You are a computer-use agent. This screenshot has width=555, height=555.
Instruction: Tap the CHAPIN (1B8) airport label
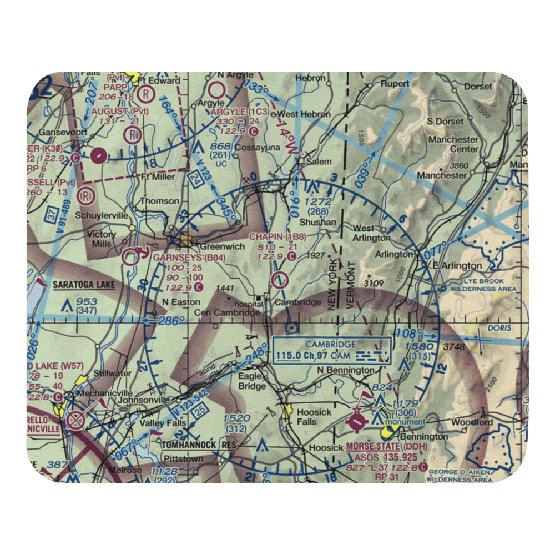(277, 237)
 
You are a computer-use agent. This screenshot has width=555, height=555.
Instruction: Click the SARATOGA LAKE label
(84, 285)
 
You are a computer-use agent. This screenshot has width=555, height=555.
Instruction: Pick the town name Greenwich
(223, 246)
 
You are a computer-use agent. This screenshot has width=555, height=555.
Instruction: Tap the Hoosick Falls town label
(314, 417)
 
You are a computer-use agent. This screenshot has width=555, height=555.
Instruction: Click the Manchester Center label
(453, 144)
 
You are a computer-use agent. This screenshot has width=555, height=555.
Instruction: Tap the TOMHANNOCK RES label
(198, 445)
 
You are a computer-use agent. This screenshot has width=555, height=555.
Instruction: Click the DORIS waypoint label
(499, 328)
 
